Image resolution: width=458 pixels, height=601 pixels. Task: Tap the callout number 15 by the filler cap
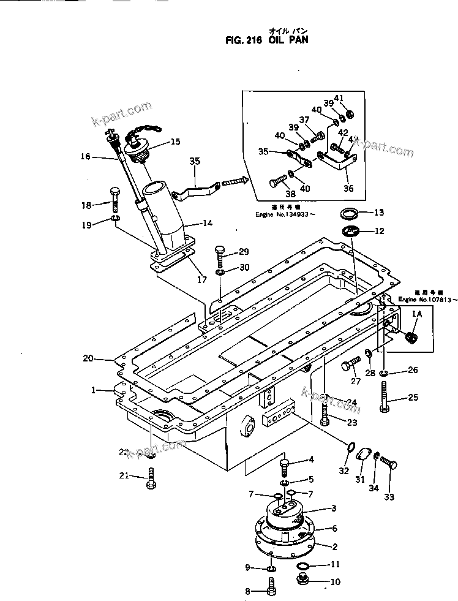(175, 142)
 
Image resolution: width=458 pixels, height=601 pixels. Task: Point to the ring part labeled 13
(349, 213)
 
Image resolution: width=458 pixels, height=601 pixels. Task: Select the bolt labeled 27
(350, 367)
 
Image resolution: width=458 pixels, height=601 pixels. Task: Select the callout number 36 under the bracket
(348, 189)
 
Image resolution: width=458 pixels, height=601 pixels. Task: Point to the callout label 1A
(417, 314)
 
